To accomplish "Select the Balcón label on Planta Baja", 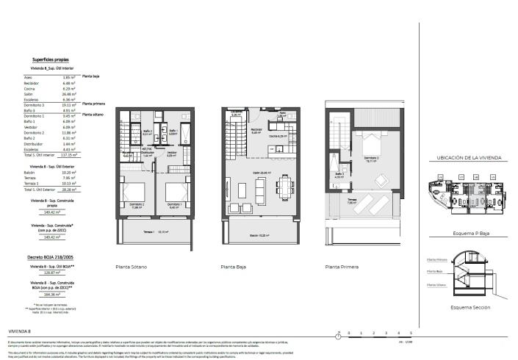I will point(255,236).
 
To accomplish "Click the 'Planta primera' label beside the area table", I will point(93,104).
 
